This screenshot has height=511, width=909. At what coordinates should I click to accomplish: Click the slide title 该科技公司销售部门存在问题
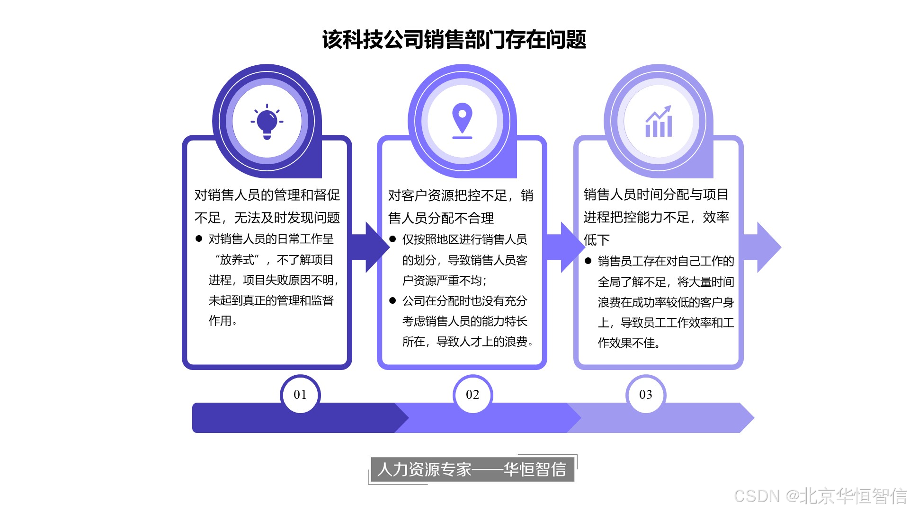(x=454, y=40)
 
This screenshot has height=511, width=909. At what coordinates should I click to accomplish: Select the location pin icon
(x=462, y=121)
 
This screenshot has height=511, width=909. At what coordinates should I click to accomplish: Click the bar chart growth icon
(x=659, y=122)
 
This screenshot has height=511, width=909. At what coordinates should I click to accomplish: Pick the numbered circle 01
(x=300, y=395)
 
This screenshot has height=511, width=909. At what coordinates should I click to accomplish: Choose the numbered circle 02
(x=472, y=395)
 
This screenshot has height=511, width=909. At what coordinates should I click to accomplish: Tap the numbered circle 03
(x=646, y=395)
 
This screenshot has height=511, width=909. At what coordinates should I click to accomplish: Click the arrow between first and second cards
(x=374, y=247)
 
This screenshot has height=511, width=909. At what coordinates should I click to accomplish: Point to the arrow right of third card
(x=765, y=247)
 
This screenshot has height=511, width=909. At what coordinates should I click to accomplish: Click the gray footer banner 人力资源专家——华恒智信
(x=472, y=469)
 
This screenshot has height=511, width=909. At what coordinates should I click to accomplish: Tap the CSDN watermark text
(x=820, y=496)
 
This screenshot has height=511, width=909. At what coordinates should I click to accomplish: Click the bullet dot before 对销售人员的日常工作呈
(x=199, y=239)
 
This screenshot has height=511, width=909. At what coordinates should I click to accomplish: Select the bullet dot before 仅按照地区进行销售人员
(x=392, y=239)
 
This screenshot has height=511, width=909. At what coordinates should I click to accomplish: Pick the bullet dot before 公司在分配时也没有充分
(x=392, y=301)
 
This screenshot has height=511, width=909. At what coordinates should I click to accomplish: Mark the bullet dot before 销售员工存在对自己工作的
(x=588, y=261)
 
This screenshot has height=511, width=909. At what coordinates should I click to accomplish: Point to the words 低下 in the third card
(x=597, y=240)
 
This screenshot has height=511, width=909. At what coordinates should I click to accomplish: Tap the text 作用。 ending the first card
(x=223, y=321)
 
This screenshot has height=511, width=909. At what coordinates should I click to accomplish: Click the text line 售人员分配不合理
(x=441, y=218)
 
